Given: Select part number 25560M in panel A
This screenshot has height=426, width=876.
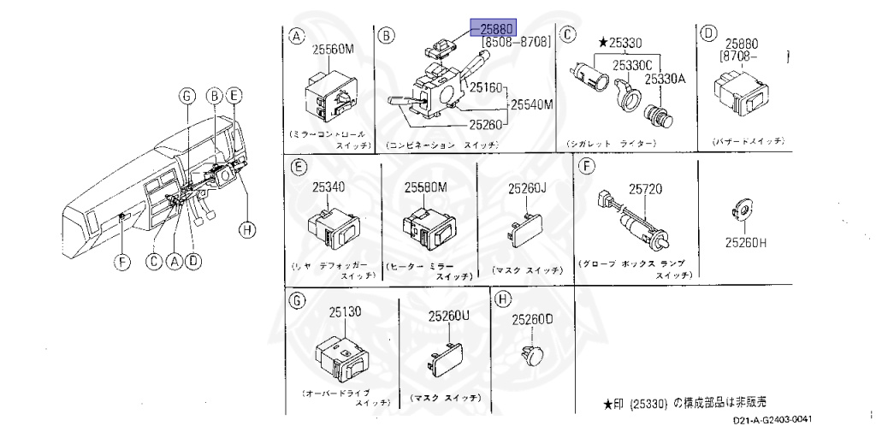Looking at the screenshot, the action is [332, 49].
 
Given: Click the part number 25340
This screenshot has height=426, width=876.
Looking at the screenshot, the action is [327, 187].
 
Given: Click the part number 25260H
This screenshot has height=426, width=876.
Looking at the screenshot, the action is [746, 243].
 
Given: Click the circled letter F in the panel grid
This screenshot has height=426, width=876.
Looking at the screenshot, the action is [586, 167].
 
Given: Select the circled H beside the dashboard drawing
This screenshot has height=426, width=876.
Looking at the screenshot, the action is [246, 228].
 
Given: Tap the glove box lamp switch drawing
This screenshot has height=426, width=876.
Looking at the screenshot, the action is [637, 221].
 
